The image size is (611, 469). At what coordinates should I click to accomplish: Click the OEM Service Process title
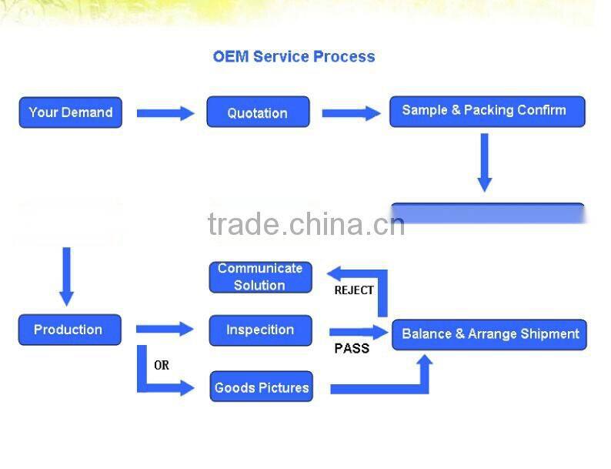pyautogui.click(x=293, y=56)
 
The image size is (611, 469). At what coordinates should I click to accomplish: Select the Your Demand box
pyautogui.click(x=70, y=112)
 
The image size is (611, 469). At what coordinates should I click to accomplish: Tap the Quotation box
pyautogui.click(x=258, y=112)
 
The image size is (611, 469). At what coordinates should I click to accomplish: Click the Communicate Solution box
pyautogui.click(x=260, y=276)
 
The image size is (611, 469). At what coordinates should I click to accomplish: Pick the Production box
pyautogui.click(x=69, y=330)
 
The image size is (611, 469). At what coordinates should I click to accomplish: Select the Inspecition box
pyautogui.click(x=260, y=330)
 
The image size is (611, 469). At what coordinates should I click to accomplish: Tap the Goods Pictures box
pyautogui.click(x=262, y=387)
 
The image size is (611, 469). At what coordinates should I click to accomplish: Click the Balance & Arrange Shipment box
pyautogui.click(x=489, y=334)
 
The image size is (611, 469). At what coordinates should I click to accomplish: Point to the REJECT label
pyautogui.click(x=353, y=290)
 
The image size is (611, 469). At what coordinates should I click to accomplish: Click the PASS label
pyautogui.click(x=352, y=349)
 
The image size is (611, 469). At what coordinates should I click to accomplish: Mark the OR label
pyautogui.click(x=162, y=365)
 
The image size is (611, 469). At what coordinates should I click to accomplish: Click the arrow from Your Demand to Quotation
pyautogui.click(x=165, y=113)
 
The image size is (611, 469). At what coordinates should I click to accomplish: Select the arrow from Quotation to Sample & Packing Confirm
pyautogui.click(x=351, y=113)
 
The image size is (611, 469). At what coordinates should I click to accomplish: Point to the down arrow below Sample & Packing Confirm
pyautogui.click(x=484, y=162)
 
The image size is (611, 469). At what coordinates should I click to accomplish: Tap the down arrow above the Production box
pyautogui.click(x=67, y=276)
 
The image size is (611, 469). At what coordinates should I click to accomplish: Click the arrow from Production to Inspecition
pyautogui.click(x=165, y=330)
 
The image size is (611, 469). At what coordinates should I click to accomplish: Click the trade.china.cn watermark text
pyautogui.click(x=305, y=224)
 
